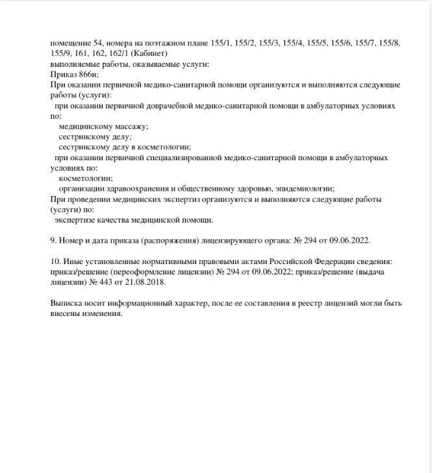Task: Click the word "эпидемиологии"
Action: [x=305, y=189]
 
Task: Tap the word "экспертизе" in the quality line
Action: [x=75, y=221]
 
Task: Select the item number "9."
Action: [x=53, y=241]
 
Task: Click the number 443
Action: [x=97, y=282]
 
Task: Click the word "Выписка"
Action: [x=66, y=304]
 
